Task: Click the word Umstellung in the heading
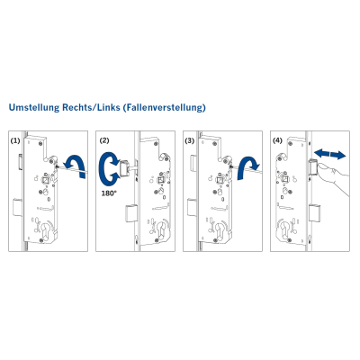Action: click(34, 107)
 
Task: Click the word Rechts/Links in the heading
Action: click(91, 107)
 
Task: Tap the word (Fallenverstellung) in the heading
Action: click(165, 107)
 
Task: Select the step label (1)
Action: click(15, 140)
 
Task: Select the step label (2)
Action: click(104, 140)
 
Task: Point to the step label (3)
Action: click(190, 140)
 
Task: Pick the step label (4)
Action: click(277, 140)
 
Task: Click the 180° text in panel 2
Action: click(108, 193)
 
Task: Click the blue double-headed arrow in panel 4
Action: click(329, 154)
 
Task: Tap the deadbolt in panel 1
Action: click(18, 207)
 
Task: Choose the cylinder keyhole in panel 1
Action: click(47, 229)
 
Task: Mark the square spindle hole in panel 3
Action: click(220, 182)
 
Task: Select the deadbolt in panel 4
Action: click(315, 212)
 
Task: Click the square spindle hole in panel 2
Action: click(162, 181)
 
